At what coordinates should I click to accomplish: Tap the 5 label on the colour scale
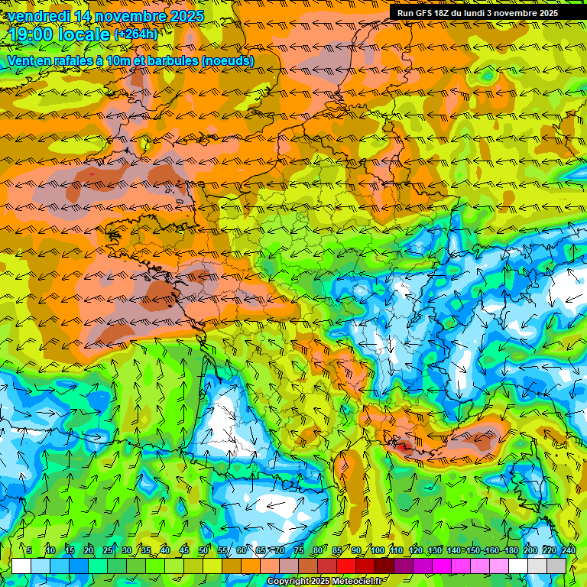[x=29, y=551]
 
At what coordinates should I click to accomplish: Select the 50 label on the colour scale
[x=203, y=551]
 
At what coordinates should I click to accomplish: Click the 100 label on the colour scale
[x=377, y=551]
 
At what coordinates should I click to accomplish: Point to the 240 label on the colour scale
[x=569, y=551]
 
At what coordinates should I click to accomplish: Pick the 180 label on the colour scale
[x=511, y=551]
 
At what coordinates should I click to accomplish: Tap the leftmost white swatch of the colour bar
[x=21, y=566]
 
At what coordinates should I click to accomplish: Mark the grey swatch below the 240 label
[x=557, y=566]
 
